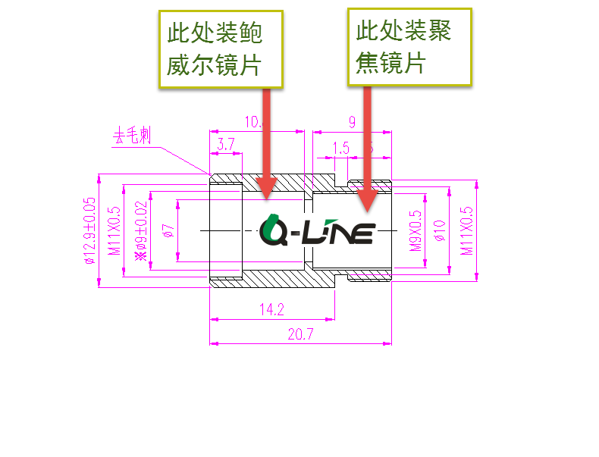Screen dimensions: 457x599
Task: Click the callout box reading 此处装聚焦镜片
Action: tap(409, 46)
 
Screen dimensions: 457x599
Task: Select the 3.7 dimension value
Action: tap(225, 144)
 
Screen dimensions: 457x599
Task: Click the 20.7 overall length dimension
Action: tap(301, 334)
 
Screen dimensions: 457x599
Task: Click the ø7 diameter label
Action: tap(168, 230)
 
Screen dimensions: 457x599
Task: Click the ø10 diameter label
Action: tap(437, 230)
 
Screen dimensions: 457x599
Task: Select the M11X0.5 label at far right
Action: tap(466, 230)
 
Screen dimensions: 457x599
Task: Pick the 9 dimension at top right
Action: tap(352, 122)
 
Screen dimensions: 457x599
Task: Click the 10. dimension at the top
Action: tap(252, 122)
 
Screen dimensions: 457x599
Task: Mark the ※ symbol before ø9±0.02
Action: tap(140, 255)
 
